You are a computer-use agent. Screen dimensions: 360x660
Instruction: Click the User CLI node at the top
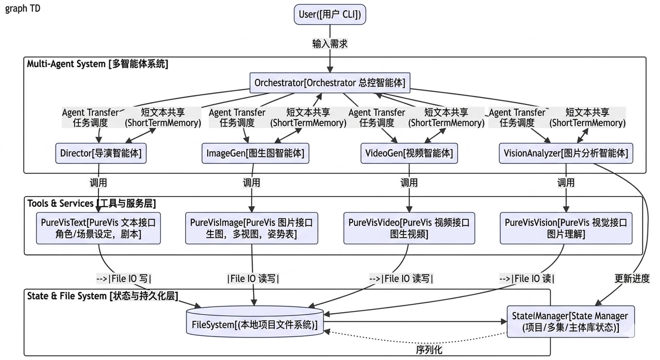(x=330, y=14)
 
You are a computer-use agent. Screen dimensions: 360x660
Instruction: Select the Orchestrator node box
(x=330, y=83)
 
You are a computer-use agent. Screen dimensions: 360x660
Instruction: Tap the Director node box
(x=101, y=153)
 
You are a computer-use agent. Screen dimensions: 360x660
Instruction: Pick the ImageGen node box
(x=255, y=153)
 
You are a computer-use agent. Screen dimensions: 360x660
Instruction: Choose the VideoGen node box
(x=409, y=153)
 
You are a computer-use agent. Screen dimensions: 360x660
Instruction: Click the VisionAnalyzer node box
(x=566, y=153)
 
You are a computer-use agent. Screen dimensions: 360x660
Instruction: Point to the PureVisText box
(x=98, y=228)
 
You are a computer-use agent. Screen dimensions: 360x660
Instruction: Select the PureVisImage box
(x=251, y=228)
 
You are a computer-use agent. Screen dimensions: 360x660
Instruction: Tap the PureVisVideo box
(x=409, y=228)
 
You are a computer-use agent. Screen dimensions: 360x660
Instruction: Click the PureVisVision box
(x=566, y=228)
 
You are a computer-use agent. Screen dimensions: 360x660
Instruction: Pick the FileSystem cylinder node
(x=255, y=322)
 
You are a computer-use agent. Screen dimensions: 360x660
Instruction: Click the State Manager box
(x=571, y=322)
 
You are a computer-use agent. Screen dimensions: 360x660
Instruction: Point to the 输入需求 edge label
(x=330, y=44)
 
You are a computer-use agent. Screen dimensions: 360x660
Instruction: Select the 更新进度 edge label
(x=632, y=279)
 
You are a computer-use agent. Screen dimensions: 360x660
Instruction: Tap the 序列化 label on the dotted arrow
(x=429, y=350)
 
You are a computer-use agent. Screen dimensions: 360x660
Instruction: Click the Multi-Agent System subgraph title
(x=97, y=64)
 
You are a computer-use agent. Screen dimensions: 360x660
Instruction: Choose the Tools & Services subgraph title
(x=91, y=203)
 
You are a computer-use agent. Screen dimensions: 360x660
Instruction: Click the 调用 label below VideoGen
(x=409, y=183)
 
